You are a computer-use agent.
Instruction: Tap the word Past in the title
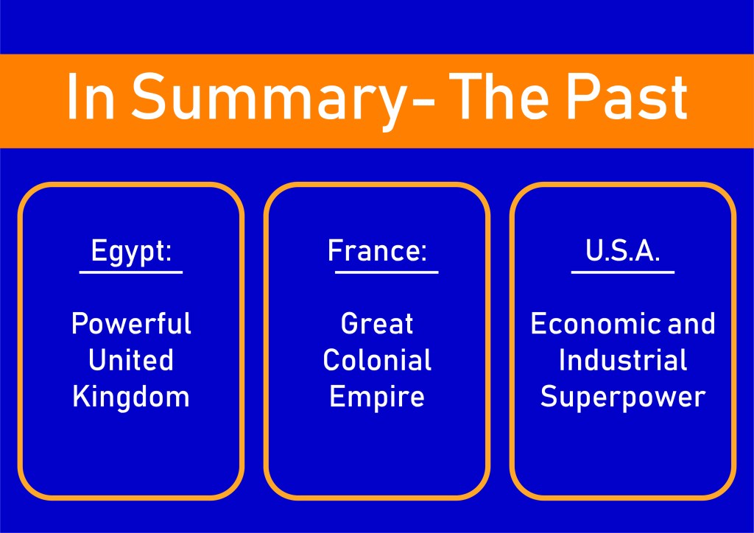point(626,96)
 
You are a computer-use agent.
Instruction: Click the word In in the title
point(91,96)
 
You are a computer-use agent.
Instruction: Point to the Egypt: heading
point(131,252)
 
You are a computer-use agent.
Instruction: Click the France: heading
point(377,250)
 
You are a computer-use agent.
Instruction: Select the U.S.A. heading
point(622,250)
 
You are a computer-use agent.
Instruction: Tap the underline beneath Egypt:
point(131,272)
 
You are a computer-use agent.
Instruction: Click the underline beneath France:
point(387,272)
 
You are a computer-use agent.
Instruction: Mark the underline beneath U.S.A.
point(623,272)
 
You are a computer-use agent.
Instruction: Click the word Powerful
point(131,323)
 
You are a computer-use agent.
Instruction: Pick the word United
point(131,360)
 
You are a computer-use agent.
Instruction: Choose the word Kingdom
point(131,398)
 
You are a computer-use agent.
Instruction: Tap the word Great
point(377,323)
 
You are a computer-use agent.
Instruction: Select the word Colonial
point(377,360)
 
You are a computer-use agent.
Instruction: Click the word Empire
point(377,398)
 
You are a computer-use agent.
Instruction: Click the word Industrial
point(623,360)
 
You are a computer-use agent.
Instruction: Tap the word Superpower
point(623,398)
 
